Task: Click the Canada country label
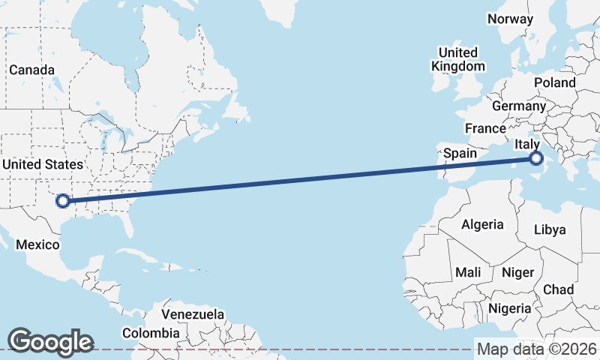click(x=31, y=70)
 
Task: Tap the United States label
click(x=42, y=164)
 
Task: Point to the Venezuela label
click(x=193, y=313)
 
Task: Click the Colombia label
click(x=151, y=332)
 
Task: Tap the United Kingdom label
click(x=457, y=59)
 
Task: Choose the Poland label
click(x=554, y=82)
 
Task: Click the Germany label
click(x=519, y=106)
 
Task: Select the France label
click(x=485, y=128)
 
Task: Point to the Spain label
click(x=460, y=153)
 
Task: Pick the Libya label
click(x=550, y=229)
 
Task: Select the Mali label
click(x=468, y=272)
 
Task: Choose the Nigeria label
click(x=510, y=307)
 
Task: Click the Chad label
click(x=558, y=289)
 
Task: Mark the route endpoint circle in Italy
click(x=535, y=158)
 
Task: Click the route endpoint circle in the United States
click(x=63, y=200)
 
